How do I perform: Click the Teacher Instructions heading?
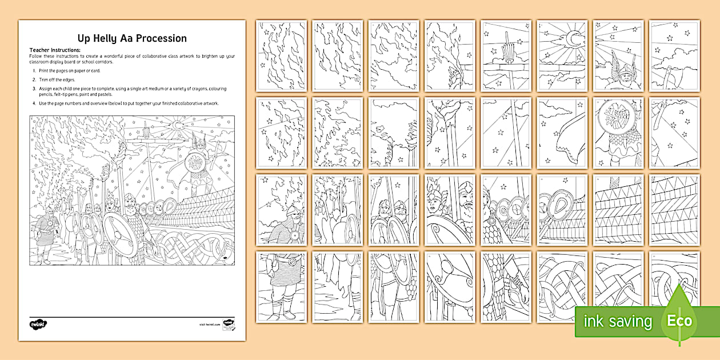pyautogui.click(x=55, y=50)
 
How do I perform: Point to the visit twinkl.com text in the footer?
pyautogui.click(x=210, y=324)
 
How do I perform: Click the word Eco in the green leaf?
pyautogui.click(x=679, y=321)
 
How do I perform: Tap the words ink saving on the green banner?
pyautogui.click(x=617, y=321)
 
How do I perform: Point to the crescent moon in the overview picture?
pyautogui.click(x=178, y=125)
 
